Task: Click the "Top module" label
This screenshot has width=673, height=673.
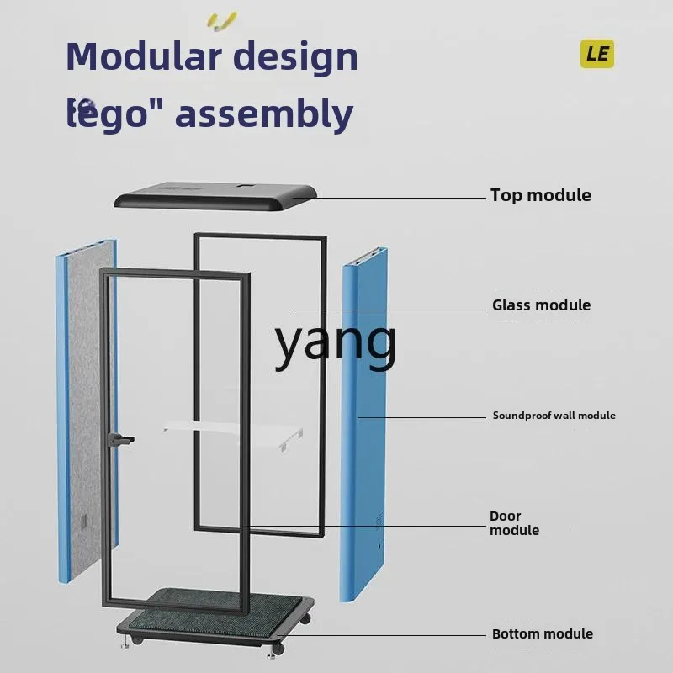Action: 540,195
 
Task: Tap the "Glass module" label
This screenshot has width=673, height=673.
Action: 541,305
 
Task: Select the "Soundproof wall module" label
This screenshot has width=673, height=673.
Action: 554,416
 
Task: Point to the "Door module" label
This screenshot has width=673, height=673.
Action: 513,523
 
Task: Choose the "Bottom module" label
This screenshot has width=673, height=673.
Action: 542,634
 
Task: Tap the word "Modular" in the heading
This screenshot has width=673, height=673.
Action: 142,57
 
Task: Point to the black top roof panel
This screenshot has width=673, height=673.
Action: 215,198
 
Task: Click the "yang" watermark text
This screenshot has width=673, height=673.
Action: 336,343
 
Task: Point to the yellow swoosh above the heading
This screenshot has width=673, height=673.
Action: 222,20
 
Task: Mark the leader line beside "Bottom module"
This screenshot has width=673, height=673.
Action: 395,636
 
